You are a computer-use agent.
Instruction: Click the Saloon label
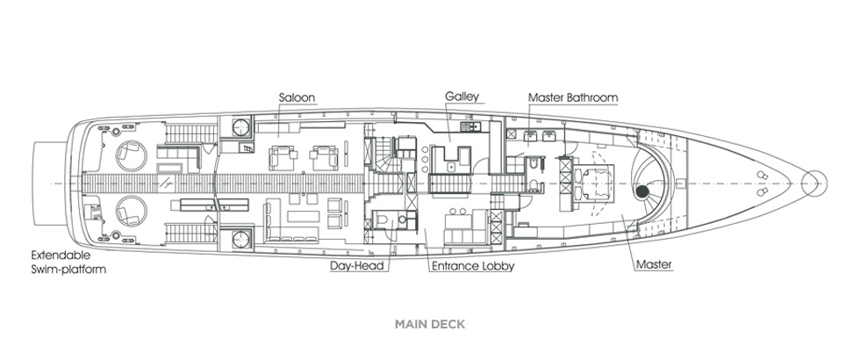[297, 97]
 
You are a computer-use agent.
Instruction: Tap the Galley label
[462, 97]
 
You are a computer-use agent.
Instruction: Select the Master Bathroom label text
[573, 97]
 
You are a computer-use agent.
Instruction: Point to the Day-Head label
[359, 266]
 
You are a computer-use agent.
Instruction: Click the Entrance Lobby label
[473, 266]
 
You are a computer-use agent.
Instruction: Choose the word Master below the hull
[654, 265]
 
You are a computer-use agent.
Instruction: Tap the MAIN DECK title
[430, 324]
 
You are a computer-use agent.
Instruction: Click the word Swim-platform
[68, 270]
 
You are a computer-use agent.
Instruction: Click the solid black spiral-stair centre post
[641, 191]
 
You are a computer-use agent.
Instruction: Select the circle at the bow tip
[814, 184]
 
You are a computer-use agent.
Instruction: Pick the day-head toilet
[382, 220]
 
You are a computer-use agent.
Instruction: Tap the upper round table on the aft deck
[132, 155]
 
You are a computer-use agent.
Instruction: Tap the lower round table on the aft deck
[132, 211]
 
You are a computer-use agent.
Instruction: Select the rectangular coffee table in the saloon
[303, 216]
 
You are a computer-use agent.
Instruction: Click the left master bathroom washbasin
[529, 136]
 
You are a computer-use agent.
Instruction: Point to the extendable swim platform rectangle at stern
[50, 184]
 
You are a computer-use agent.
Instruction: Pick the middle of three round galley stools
[425, 158]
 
